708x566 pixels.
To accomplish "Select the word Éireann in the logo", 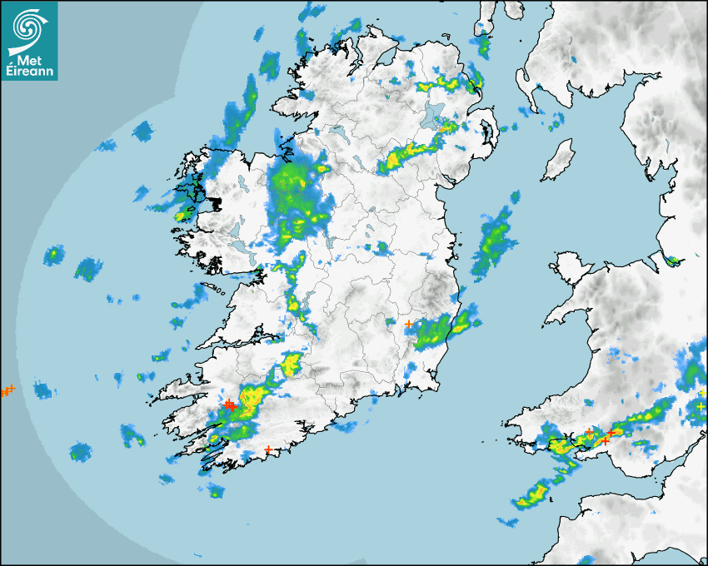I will click(30, 72).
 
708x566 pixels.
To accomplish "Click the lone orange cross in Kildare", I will click(408, 323).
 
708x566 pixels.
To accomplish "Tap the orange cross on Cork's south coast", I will click(268, 450).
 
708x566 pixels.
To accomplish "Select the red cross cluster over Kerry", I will click(228, 405).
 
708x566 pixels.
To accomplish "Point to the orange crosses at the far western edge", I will click(7, 390).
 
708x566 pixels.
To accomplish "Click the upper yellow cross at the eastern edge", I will click(701, 393).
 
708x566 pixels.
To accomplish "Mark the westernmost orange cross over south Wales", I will click(589, 431).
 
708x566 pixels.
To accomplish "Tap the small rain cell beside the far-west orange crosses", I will click(41, 390).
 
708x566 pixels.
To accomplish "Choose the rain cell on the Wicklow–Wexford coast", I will click(441, 330).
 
